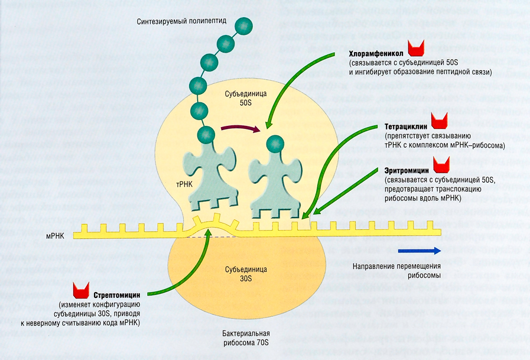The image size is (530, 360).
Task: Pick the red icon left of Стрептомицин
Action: pyautogui.click(x=80, y=290)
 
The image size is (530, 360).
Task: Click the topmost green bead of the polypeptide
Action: pyautogui.click(x=243, y=25)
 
